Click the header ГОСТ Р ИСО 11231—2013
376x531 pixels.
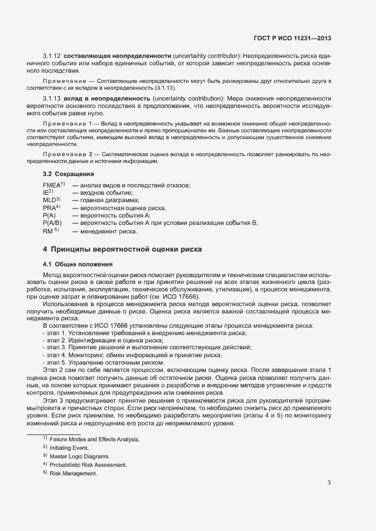tap(292, 39)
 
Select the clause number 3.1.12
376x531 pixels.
tap(52, 56)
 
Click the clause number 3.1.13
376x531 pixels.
tap(52, 99)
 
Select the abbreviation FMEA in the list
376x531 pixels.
tap(52, 186)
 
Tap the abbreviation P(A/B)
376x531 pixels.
tap(52, 223)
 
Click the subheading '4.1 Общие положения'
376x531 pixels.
tap(77, 264)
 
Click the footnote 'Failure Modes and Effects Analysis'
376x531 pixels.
tap(94, 440)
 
